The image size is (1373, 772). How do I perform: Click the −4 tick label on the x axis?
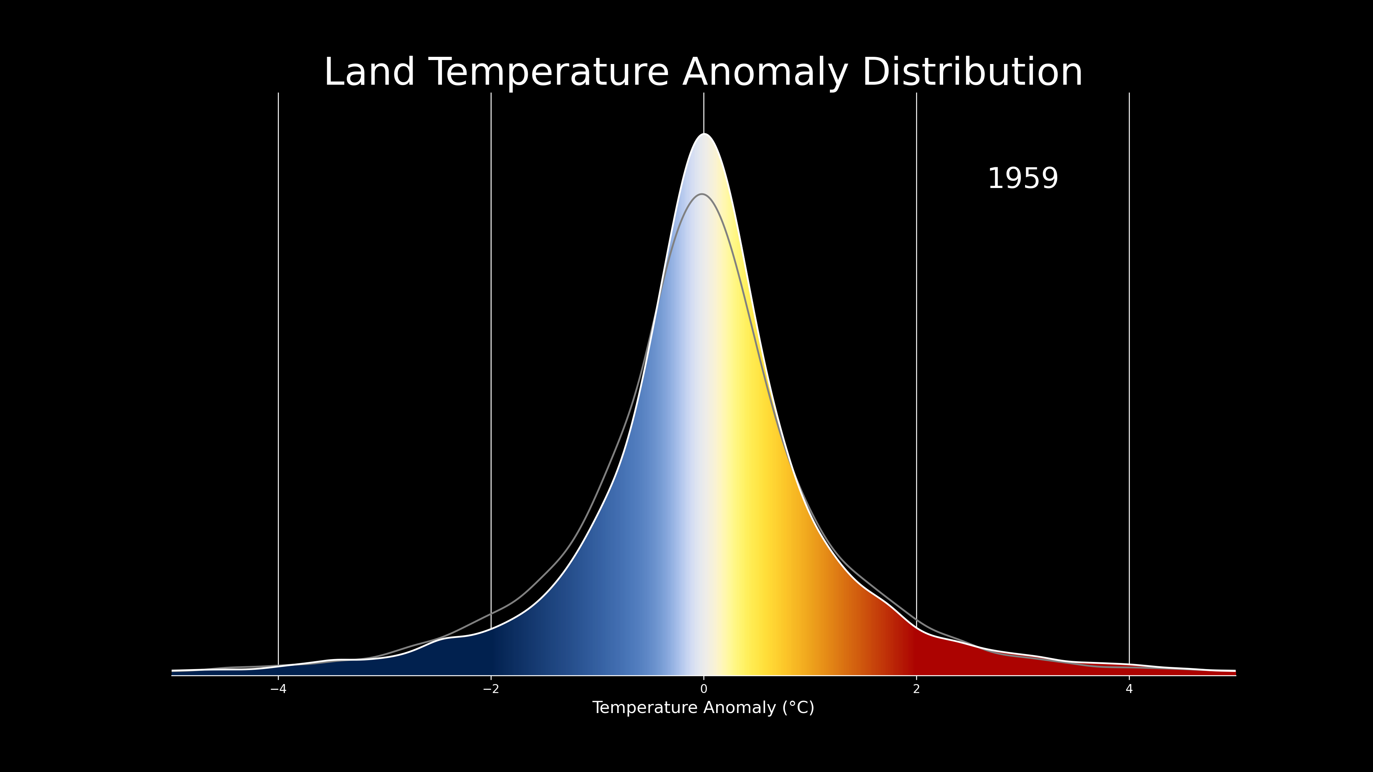(x=278, y=689)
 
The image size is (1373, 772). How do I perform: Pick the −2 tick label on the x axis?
(x=491, y=689)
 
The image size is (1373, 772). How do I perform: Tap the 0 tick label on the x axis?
(x=704, y=689)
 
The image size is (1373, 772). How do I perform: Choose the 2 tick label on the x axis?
(x=916, y=689)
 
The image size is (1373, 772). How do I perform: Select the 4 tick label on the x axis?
(x=1129, y=689)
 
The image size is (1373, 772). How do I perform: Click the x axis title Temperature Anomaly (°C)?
(x=703, y=708)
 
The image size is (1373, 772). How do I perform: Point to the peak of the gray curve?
(x=702, y=194)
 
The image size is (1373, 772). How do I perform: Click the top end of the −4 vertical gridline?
(x=278, y=93)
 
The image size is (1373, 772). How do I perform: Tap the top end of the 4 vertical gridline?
(x=1129, y=93)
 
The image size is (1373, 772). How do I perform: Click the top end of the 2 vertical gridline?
(x=916, y=93)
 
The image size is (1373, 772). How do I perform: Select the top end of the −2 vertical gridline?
(x=491, y=93)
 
